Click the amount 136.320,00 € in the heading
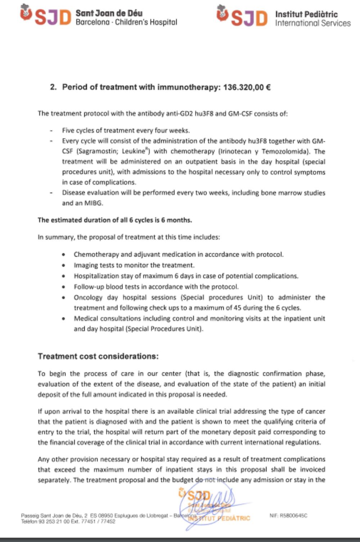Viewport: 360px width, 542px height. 247,87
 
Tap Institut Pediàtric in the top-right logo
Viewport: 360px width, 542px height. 306,14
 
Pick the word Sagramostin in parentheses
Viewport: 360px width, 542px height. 97,151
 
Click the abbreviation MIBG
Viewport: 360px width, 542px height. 93,203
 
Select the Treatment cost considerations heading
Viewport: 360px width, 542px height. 98,356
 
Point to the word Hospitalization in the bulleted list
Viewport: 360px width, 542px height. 95,276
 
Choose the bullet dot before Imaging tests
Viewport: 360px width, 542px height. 64,265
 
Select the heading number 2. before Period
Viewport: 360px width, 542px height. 53,87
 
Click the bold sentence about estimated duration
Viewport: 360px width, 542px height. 114,220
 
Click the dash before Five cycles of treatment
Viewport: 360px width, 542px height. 51,130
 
